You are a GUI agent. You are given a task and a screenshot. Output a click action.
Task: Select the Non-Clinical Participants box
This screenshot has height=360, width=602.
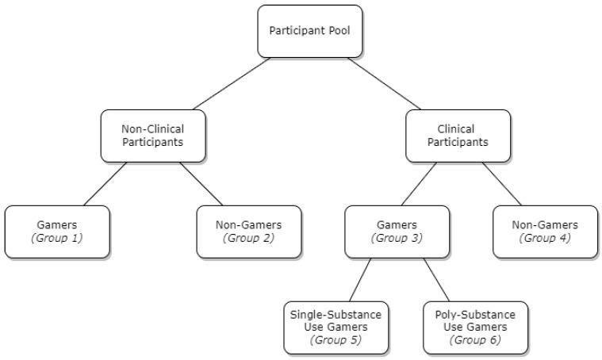click(x=153, y=136)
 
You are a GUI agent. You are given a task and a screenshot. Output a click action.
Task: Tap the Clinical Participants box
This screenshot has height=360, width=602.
click(x=458, y=136)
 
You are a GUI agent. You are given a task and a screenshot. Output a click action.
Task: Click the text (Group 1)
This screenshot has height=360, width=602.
click(x=57, y=237)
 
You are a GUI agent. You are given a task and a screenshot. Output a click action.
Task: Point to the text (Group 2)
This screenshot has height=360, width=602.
click(x=248, y=237)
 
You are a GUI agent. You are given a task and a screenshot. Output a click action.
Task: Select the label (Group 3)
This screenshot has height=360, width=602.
click(x=397, y=237)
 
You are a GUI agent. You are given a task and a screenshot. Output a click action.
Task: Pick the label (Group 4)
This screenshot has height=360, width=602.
click(x=545, y=237)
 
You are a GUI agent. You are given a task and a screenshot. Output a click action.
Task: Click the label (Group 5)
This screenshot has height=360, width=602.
click(x=337, y=340)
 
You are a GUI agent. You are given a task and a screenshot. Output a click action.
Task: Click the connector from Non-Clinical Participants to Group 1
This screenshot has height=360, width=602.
click(x=105, y=184)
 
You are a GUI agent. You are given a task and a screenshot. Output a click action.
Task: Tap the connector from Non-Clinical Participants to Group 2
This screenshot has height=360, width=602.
click(x=201, y=184)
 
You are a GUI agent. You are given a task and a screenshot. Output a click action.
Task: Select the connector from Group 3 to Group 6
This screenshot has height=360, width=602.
click(x=436, y=280)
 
